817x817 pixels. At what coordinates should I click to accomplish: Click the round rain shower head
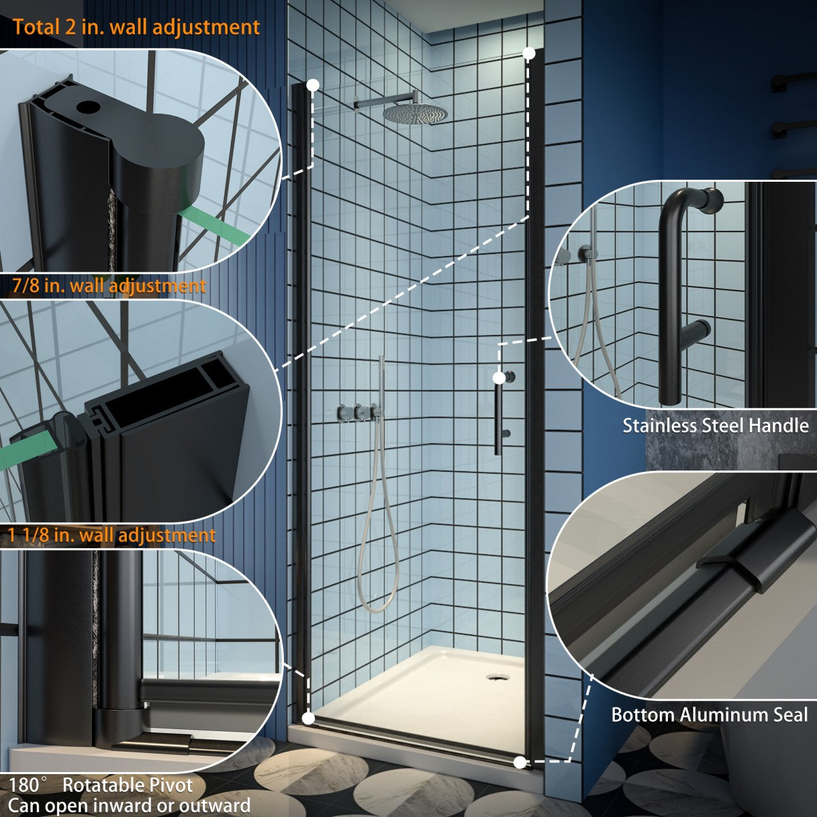coord(415,114)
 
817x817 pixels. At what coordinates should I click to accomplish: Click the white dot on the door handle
coord(500,377)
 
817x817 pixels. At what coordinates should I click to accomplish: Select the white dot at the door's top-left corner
coord(313,85)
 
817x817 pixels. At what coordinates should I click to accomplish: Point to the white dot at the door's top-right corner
coord(529,53)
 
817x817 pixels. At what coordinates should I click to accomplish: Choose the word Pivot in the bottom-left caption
coord(171,785)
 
